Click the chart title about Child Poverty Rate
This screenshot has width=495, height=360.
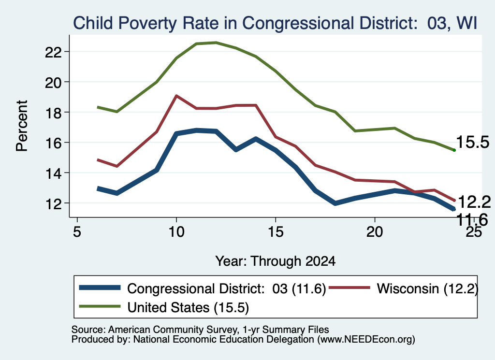point(275,23)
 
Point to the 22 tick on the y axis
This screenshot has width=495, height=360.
point(53,52)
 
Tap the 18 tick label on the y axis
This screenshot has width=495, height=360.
point(53,112)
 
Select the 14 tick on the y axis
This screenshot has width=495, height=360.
point(53,173)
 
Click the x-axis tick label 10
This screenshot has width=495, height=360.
point(176,232)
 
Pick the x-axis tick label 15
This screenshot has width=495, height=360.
point(275,232)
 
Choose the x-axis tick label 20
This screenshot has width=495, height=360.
point(375,232)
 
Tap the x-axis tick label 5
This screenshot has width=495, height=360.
point(77,232)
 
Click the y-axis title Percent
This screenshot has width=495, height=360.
point(22,126)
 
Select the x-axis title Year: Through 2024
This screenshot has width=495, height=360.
point(275,261)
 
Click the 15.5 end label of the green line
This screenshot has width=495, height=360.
point(473,142)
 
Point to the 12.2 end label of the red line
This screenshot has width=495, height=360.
point(474,202)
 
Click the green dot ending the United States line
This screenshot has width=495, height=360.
point(454,150)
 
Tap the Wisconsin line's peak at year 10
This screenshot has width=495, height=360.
point(176,96)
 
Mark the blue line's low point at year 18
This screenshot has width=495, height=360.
point(335,203)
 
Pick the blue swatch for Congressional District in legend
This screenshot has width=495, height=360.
point(100,288)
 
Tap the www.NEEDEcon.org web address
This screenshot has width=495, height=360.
point(366,340)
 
